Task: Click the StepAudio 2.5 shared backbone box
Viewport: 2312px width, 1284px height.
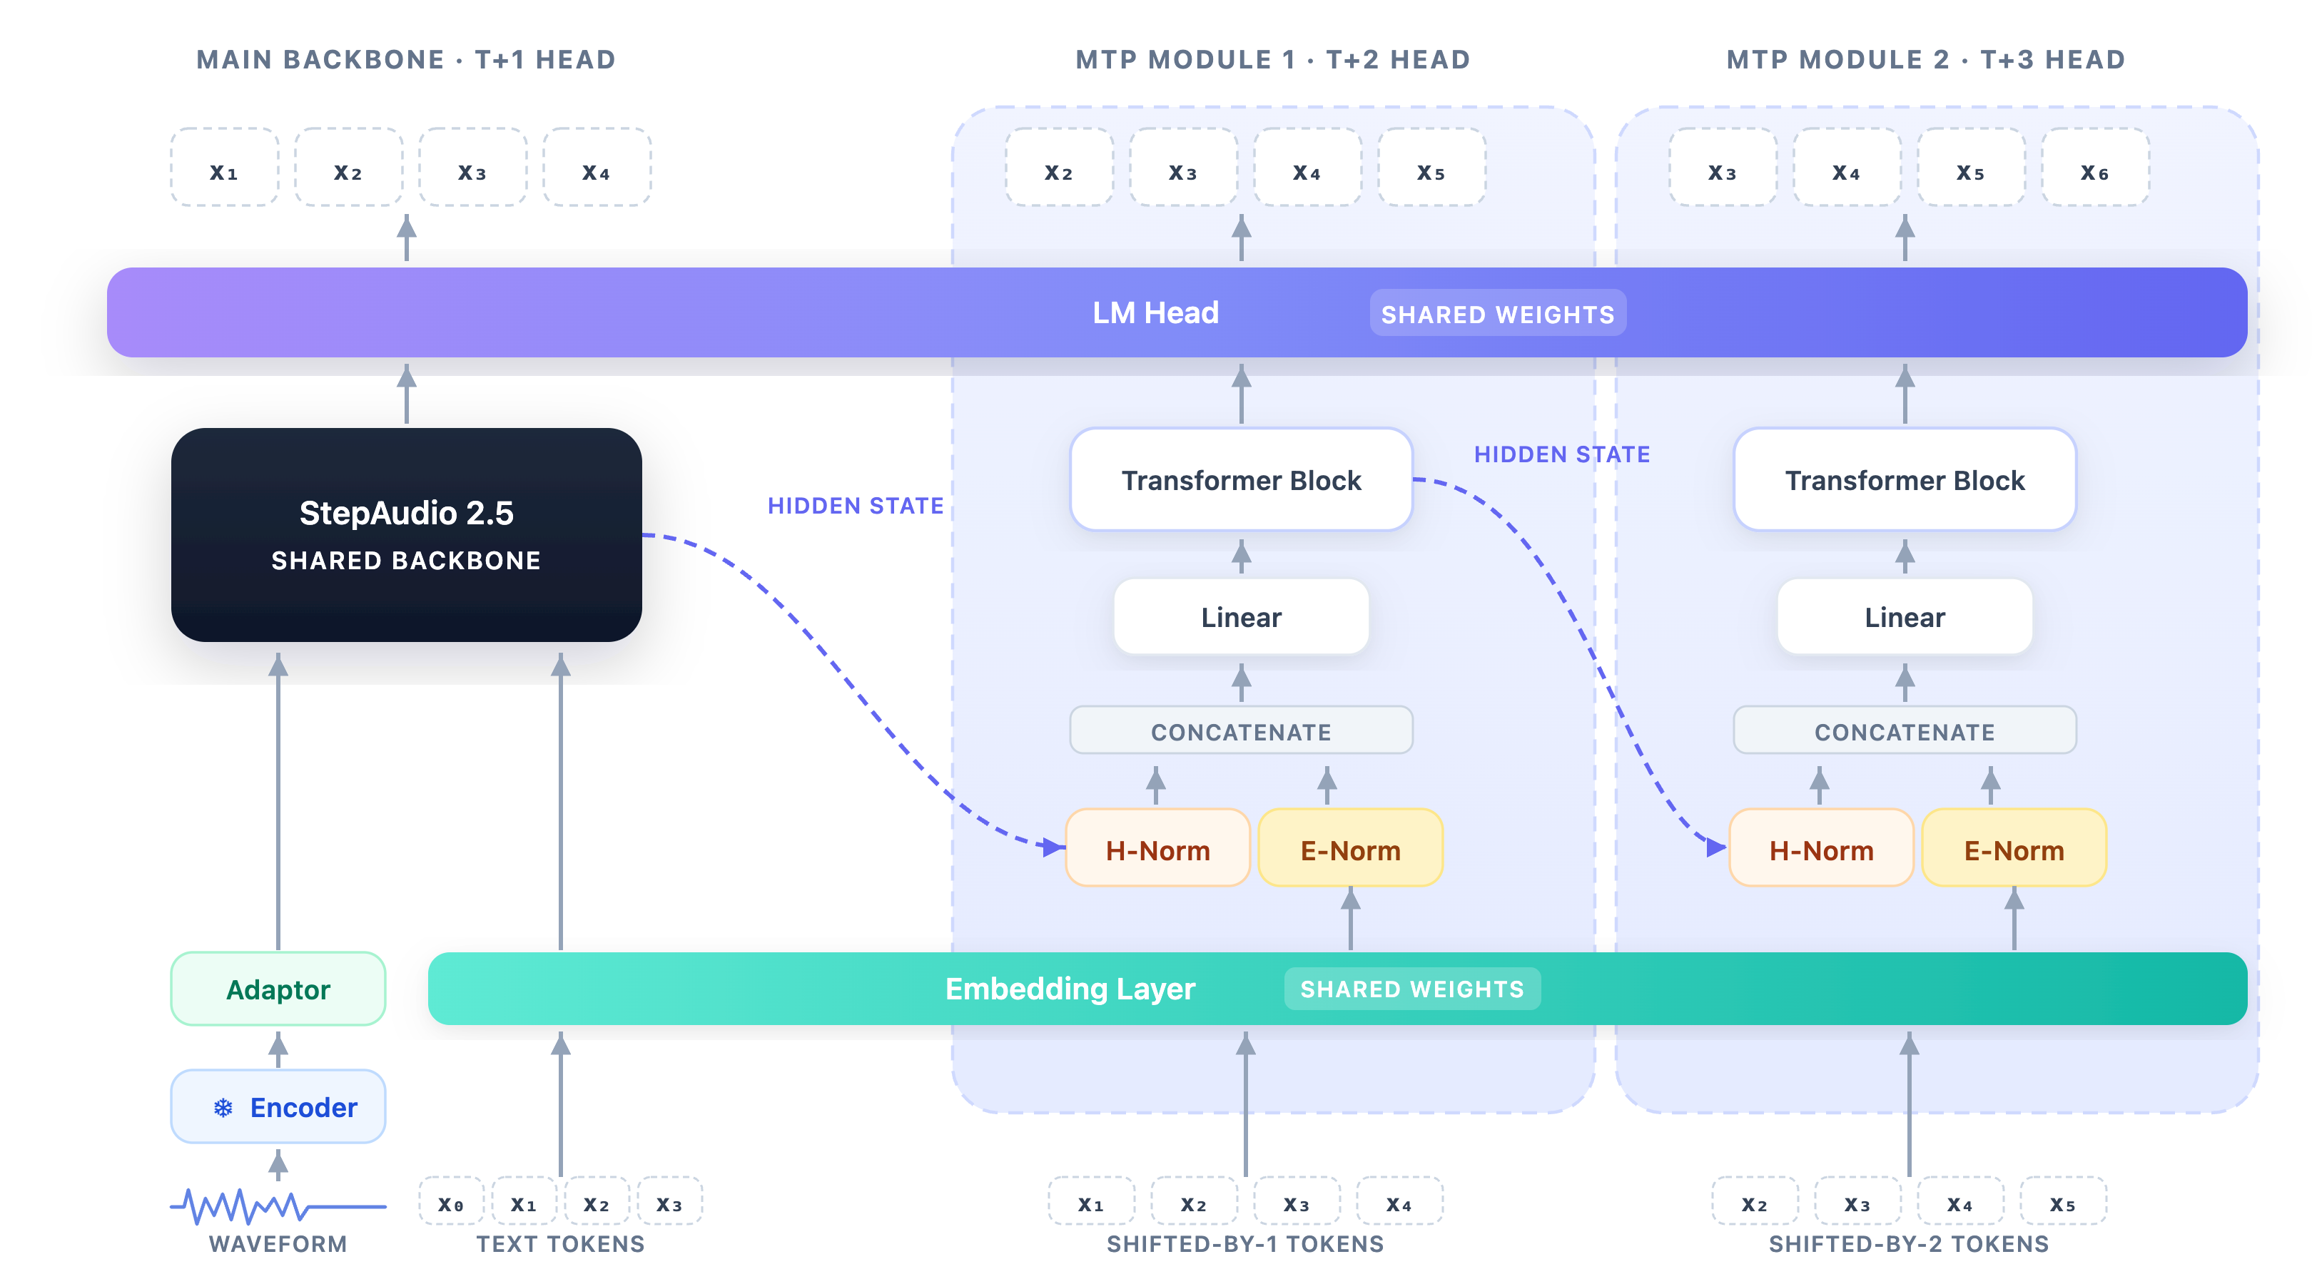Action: point(406,535)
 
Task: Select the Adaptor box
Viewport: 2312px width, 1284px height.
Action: point(278,989)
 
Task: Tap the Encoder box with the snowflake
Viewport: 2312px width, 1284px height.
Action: point(278,1106)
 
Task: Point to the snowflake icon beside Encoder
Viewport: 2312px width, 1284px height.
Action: point(223,1107)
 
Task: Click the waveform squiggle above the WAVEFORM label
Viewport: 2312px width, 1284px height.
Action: point(278,1206)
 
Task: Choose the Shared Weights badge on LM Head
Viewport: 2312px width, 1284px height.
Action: point(1498,313)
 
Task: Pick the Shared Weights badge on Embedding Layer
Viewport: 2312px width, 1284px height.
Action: point(1411,989)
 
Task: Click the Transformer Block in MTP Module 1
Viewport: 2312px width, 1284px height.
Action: point(1241,480)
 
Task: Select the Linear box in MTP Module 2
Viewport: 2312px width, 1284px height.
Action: point(1905,616)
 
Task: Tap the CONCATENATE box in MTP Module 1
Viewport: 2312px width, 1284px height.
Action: point(1241,731)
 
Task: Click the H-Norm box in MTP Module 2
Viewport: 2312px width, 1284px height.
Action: point(1821,849)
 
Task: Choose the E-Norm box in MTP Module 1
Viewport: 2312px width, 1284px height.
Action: point(1351,849)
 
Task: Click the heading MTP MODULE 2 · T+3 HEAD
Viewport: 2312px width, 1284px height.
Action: point(1926,59)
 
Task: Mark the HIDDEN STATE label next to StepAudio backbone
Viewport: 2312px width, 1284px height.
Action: point(856,506)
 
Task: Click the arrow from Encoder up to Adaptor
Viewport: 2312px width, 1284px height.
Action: point(278,1049)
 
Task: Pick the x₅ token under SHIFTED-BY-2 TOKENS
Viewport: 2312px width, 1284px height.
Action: point(2062,1203)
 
